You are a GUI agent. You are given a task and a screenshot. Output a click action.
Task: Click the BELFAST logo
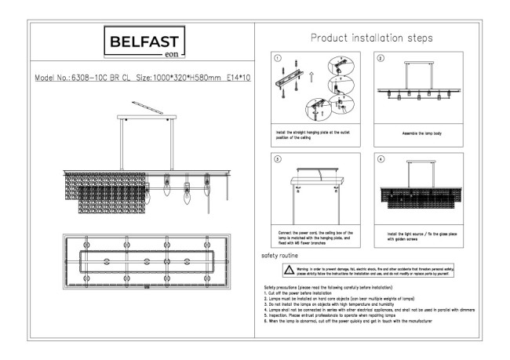pyautogui.click(x=144, y=42)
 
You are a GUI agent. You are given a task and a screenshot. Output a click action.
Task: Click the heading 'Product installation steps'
pyautogui.click(x=371, y=38)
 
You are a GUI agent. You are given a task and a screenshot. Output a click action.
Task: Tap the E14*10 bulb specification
pyautogui.click(x=238, y=79)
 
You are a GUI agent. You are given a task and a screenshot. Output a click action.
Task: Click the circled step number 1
pyautogui.click(x=276, y=58)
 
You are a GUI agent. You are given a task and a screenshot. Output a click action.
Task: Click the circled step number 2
pyautogui.click(x=381, y=58)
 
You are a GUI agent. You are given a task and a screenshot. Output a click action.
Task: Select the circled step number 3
pyautogui.click(x=276, y=158)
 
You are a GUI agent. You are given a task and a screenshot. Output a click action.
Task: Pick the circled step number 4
pyautogui.click(x=381, y=158)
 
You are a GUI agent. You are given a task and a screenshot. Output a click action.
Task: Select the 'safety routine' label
pyautogui.click(x=279, y=256)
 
